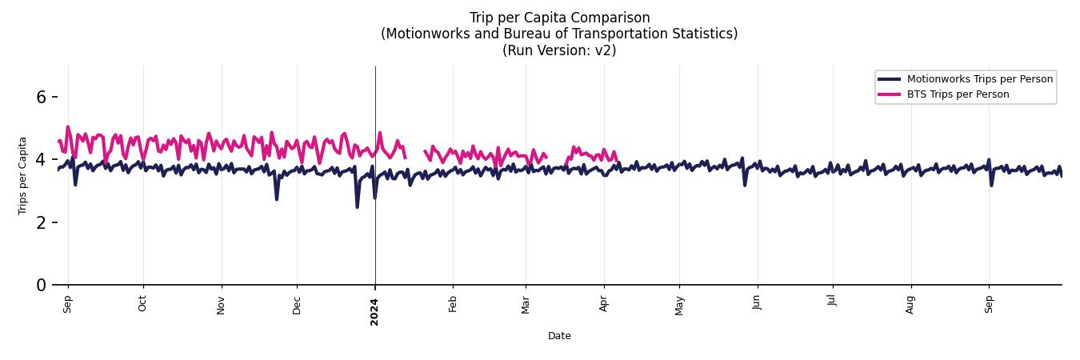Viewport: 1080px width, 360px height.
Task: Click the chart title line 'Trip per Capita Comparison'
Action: (559, 18)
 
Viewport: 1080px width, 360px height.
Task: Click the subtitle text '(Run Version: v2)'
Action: (559, 50)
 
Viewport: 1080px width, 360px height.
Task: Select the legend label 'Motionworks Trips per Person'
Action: (979, 78)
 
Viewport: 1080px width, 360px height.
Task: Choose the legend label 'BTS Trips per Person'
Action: (958, 94)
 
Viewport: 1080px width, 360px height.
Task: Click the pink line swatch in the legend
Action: (889, 94)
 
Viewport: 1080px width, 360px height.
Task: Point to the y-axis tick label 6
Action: (42, 97)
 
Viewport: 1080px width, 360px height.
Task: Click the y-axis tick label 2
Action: (42, 222)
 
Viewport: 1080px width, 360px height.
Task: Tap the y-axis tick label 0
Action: (42, 285)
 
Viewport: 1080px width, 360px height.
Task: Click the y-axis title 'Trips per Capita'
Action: (22, 175)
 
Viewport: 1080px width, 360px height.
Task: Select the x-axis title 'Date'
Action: (559, 336)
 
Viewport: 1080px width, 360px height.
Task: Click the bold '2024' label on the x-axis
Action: (374, 311)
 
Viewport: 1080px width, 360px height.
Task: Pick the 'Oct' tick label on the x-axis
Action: (143, 304)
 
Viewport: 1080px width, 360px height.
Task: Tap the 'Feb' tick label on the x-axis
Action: (453, 304)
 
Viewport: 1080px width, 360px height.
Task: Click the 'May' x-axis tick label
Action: (679, 305)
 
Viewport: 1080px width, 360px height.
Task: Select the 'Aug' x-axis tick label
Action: (910, 304)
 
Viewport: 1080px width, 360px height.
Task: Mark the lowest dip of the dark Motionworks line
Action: (357, 207)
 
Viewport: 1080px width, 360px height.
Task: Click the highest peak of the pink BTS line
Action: (67, 126)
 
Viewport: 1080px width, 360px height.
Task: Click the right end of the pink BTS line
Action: (617, 160)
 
